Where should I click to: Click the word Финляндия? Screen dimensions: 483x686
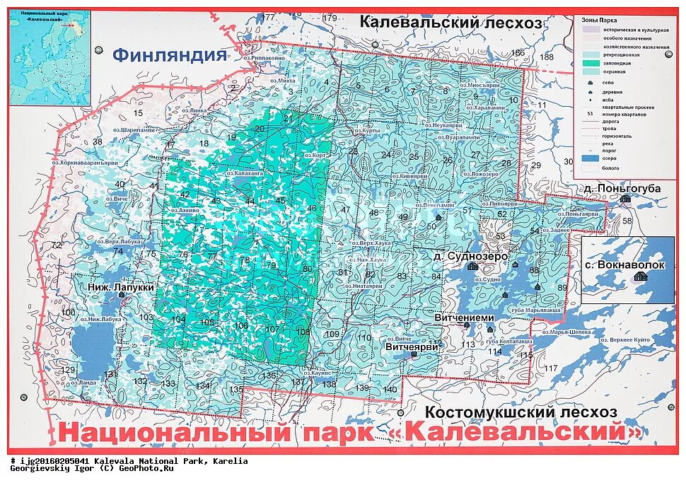pyautogui.click(x=170, y=55)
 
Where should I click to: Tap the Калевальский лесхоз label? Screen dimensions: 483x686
pyautogui.click(x=450, y=22)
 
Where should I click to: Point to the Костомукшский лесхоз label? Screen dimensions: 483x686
pyautogui.click(x=521, y=412)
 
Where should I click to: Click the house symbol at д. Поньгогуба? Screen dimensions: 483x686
pyautogui.click(x=624, y=199)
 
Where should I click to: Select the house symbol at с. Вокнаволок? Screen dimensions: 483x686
pyautogui.click(x=640, y=277)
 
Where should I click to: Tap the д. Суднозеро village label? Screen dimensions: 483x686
pyautogui.click(x=467, y=256)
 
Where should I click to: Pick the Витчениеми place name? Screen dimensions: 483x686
pyautogui.click(x=465, y=318)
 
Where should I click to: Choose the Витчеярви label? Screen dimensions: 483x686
pyautogui.click(x=412, y=347)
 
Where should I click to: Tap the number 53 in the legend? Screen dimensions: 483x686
pyautogui.click(x=589, y=114)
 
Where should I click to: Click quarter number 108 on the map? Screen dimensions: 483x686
pyautogui.click(x=303, y=332)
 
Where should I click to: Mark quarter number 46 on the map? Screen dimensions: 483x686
pyautogui.click(x=311, y=208)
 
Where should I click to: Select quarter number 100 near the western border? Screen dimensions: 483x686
pyautogui.click(x=68, y=313)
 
